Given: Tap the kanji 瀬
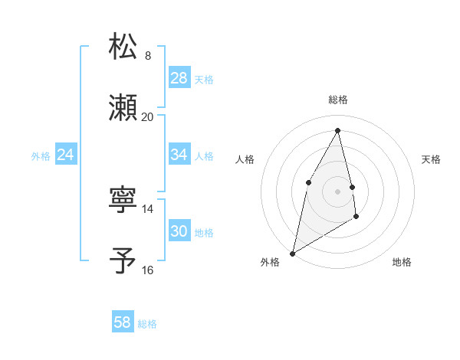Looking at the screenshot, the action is (x=123, y=108).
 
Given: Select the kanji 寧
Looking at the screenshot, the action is (x=123, y=200).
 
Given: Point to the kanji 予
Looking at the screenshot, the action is (x=123, y=260).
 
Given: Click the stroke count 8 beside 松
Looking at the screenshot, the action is (x=148, y=55).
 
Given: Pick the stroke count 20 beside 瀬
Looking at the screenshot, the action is (x=148, y=116).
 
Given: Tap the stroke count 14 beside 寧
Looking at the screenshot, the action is (x=148, y=208).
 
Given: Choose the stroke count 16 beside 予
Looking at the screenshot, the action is (x=148, y=270).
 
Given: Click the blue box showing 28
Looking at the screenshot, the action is (x=179, y=78).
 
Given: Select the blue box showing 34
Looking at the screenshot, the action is (x=179, y=155).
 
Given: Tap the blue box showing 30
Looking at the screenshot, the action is (x=179, y=231).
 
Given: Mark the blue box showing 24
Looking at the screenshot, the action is (x=66, y=155).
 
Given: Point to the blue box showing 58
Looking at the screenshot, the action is (x=123, y=323).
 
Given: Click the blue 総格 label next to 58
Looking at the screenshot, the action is (x=147, y=324).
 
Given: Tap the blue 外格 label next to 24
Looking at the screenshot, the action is (x=41, y=155).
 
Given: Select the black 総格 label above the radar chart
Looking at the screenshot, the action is (x=338, y=100).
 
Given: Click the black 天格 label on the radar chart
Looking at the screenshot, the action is (x=432, y=159).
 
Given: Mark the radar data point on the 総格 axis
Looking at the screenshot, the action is (x=338, y=130).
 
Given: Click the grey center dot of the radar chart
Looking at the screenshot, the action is (x=338, y=191).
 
